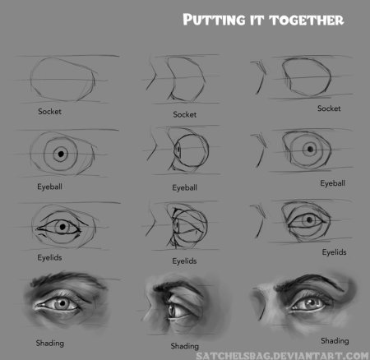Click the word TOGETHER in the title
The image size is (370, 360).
pos(306,20)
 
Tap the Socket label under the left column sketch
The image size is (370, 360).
pos(49,112)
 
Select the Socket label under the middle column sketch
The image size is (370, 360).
pos(185,114)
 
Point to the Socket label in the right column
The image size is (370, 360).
pos(329,108)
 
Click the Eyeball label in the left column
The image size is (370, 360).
pos(49,187)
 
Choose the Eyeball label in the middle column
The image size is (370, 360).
pos(184,187)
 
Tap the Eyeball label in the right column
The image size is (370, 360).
pos(332,183)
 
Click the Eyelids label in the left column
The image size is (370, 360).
pos(49,257)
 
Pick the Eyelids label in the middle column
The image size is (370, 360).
pos(184,261)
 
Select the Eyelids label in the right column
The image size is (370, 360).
pos(334,252)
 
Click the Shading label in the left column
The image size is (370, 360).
pos(50,344)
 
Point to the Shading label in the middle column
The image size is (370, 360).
pos(185,346)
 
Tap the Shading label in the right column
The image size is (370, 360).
pos(335,341)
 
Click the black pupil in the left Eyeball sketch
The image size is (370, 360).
pos(61,154)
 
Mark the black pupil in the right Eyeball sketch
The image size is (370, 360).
pos(310,150)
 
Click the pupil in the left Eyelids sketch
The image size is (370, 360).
pos(62,227)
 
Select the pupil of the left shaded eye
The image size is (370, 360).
pos(62,303)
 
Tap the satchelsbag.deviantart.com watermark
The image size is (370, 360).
pos(283,356)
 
